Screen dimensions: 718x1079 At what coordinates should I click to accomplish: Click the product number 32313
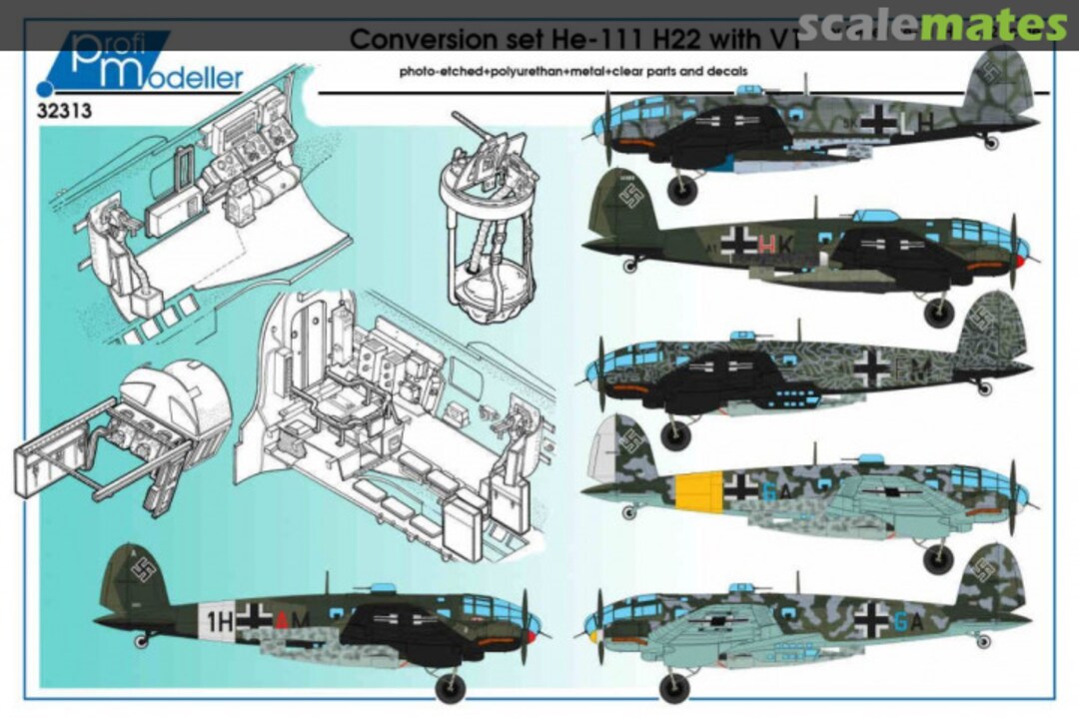click(65, 111)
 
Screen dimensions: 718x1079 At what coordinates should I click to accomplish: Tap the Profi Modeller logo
click(150, 67)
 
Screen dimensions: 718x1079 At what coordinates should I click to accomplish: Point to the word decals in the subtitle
click(724, 72)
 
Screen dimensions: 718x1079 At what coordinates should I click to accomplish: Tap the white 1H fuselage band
click(218, 618)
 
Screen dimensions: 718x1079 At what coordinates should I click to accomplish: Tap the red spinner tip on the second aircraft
click(1020, 262)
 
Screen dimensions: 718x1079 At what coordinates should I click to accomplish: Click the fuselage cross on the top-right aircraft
click(879, 120)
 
